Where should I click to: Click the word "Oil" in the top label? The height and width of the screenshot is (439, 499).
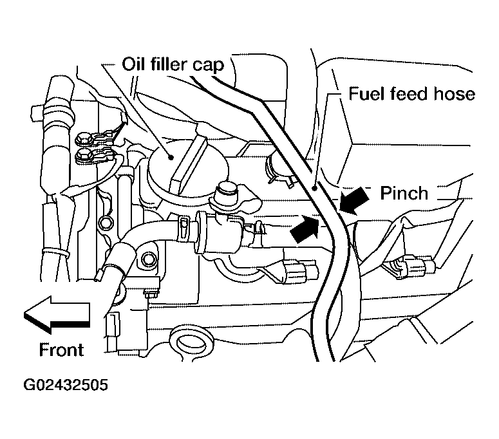tap(133, 65)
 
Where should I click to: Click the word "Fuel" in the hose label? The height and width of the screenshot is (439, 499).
tap(366, 94)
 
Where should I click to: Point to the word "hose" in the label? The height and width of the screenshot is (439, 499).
tap(452, 94)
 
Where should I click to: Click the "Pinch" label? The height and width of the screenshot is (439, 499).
tap(404, 193)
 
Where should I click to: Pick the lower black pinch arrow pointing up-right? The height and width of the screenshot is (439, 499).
tap(305, 229)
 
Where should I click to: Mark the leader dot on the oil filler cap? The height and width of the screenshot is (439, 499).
tap(171, 156)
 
